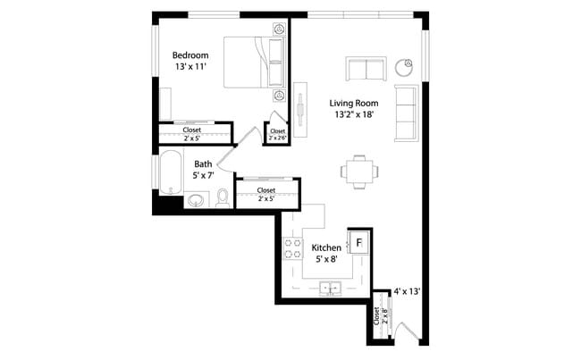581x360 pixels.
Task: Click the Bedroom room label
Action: (x=190, y=55)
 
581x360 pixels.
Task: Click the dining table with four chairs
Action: (x=358, y=172)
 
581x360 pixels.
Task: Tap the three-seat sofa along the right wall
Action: (x=406, y=113)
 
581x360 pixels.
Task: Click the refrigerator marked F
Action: (x=358, y=242)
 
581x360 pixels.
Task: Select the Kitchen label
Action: (x=325, y=247)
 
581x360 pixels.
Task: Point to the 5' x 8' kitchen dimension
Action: (x=325, y=260)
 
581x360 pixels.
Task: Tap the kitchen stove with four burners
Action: (x=292, y=247)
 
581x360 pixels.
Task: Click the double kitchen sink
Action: (x=329, y=289)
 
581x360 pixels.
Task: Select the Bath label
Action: (x=203, y=163)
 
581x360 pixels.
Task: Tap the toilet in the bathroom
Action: (x=223, y=197)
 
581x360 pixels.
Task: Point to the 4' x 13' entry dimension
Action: (x=407, y=291)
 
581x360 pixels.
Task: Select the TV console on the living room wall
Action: (x=299, y=105)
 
